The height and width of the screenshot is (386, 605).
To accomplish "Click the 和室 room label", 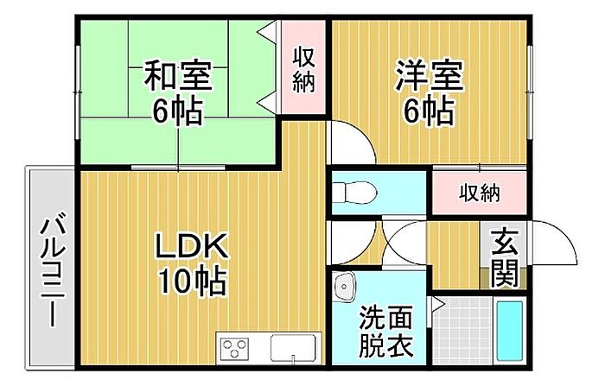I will click(177, 76).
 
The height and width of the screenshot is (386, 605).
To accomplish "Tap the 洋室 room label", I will click(430, 75).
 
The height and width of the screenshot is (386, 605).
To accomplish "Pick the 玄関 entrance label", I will click(505, 257).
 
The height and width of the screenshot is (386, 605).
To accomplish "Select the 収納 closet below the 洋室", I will click(479, 193).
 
